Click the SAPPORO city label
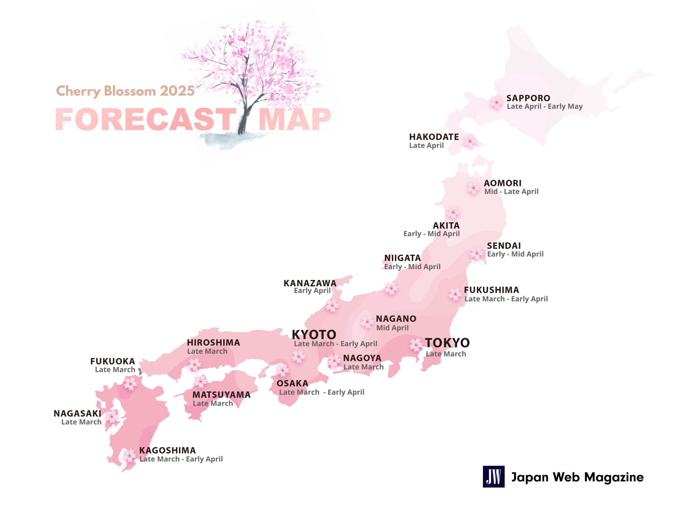[x=528, y=98]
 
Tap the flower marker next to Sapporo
[x=496, y=103]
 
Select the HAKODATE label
[x=434, y=137]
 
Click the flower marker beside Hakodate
[x=470, y=141]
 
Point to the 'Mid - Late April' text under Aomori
[x=511, y=191]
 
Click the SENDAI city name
[x=504, y=246]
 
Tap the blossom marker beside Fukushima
[x=455, y=294]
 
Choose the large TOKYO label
[x=447, y=342]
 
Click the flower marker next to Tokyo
[x=416, y=345]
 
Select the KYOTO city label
[x=314, y=334]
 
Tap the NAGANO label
[x=396, y=319]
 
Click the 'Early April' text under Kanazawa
[x=312, y=291]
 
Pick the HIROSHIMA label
[x=213, y=342]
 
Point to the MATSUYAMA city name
[x=221, y=395]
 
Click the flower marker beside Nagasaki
[x=112, y=417]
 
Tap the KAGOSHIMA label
[x=167, y=450]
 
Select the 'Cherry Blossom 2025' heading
[x=125, y=91]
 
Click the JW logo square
[x=493, y=476]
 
